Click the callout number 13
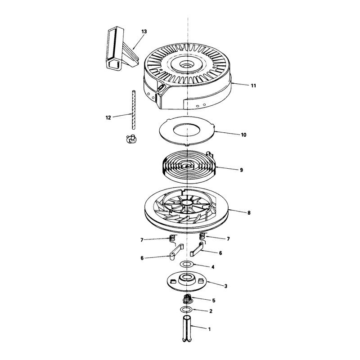pos(144,31)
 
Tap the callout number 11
pos(253,85)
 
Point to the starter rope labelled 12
pos(133,110)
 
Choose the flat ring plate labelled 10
pos(187,131)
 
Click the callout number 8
pos(249,213)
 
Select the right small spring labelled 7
pos(202,238)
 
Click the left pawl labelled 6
pos(176,252)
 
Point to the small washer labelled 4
pos(187,264)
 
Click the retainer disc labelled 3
pos(187,282)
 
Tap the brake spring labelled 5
pos(187,299)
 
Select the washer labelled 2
pos(186,309)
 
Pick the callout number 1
pos(209,329)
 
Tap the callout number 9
pos(241,170)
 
